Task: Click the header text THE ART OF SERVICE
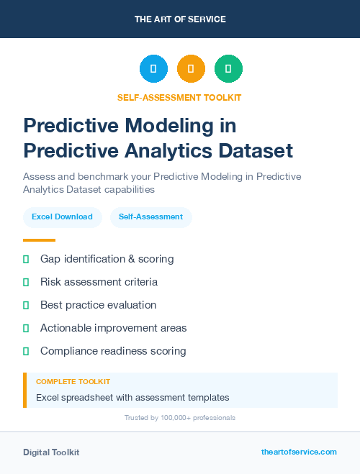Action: [180, 19]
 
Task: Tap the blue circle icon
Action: [153, 69]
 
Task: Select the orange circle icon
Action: [191, 69]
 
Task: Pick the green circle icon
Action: [228, 69]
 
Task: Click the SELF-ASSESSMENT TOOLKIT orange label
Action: [180, 98]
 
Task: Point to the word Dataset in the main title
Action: [255, 151]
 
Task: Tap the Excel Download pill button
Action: [62, 217]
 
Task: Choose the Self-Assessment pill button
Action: [150, 217]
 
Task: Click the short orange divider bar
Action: [39, 240]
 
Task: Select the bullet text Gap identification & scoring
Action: [107, 259]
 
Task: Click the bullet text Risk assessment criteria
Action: [99, 282]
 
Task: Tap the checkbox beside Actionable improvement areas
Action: [26, 328]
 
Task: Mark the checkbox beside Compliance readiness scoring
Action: [26, 351]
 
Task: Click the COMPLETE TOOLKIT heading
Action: [73, 382]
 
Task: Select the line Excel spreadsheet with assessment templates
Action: [132, 397]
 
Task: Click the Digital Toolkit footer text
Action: [51, 452]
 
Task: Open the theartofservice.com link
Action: [299, 452]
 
